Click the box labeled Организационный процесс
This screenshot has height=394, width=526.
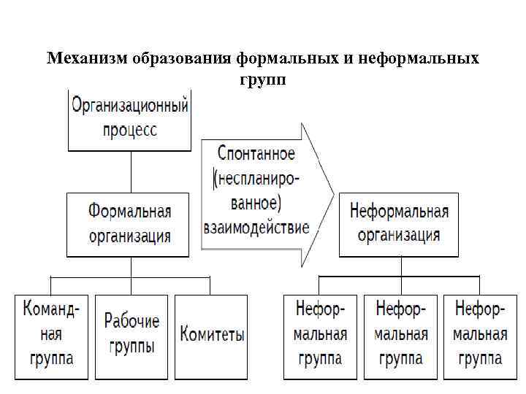coord(130,120)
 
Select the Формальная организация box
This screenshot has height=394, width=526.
coord(130,224)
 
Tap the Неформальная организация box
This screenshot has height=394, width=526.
coord(399,224)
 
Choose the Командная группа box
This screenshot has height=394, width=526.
coord(51,336)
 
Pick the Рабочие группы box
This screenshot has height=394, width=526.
coord(131,336)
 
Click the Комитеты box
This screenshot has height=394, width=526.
coord(212,336)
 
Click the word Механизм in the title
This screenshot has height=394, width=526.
coord(87,58)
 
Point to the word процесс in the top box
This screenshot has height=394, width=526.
coord(130,131)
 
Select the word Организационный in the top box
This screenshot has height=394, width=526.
coord(130,106)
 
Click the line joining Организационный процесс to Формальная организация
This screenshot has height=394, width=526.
coord(130,173)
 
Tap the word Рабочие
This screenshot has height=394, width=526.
coord(131,321)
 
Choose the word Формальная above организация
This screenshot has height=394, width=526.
coord(130,212)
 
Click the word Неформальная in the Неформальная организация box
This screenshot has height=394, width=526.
coord(399,212)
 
